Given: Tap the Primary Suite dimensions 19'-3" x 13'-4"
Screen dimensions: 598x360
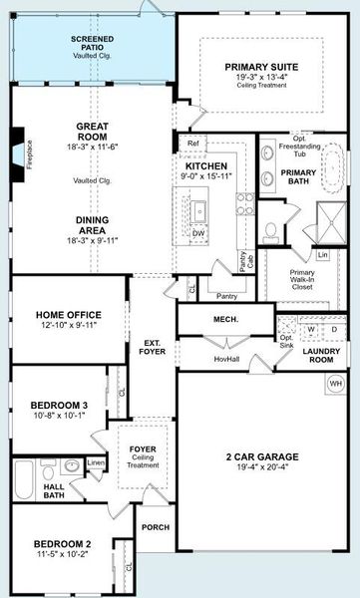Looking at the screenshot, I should [262, 77].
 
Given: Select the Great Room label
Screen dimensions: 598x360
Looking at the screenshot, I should [92, 132].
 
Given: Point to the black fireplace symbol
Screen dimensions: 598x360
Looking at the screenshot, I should [16, 142].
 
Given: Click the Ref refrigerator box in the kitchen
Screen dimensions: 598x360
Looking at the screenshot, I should [193, 144].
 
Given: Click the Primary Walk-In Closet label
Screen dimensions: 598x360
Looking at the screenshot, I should [302, 278].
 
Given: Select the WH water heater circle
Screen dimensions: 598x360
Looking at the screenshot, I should [336, 383].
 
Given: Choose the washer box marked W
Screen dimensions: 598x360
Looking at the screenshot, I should [311, 328].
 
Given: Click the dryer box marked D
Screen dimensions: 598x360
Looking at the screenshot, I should [334, 328].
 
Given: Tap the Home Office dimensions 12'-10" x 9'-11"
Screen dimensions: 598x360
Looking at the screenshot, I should [62, 325].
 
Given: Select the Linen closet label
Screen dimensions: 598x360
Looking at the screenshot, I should [96, 463].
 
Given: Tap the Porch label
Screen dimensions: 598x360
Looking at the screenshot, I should [155, 527].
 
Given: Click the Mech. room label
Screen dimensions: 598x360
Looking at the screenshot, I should [224, 320].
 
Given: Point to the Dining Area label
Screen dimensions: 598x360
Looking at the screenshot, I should [92, 225].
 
